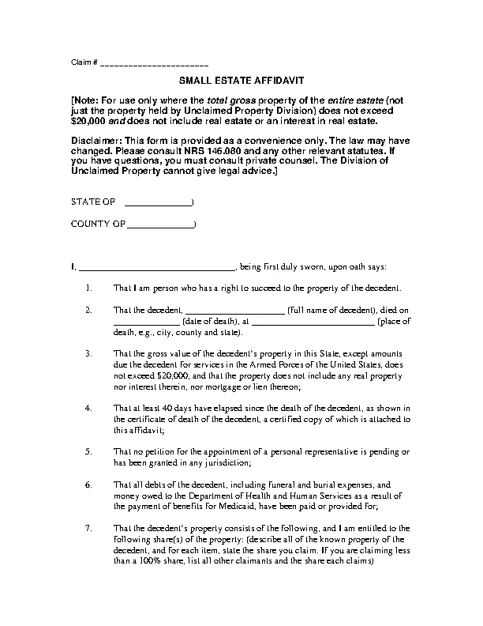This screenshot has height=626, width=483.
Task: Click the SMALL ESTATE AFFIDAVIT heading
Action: pos(241,81)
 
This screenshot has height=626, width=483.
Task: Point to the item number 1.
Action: pos(88,288)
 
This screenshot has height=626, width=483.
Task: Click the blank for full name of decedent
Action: pos(234,311)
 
